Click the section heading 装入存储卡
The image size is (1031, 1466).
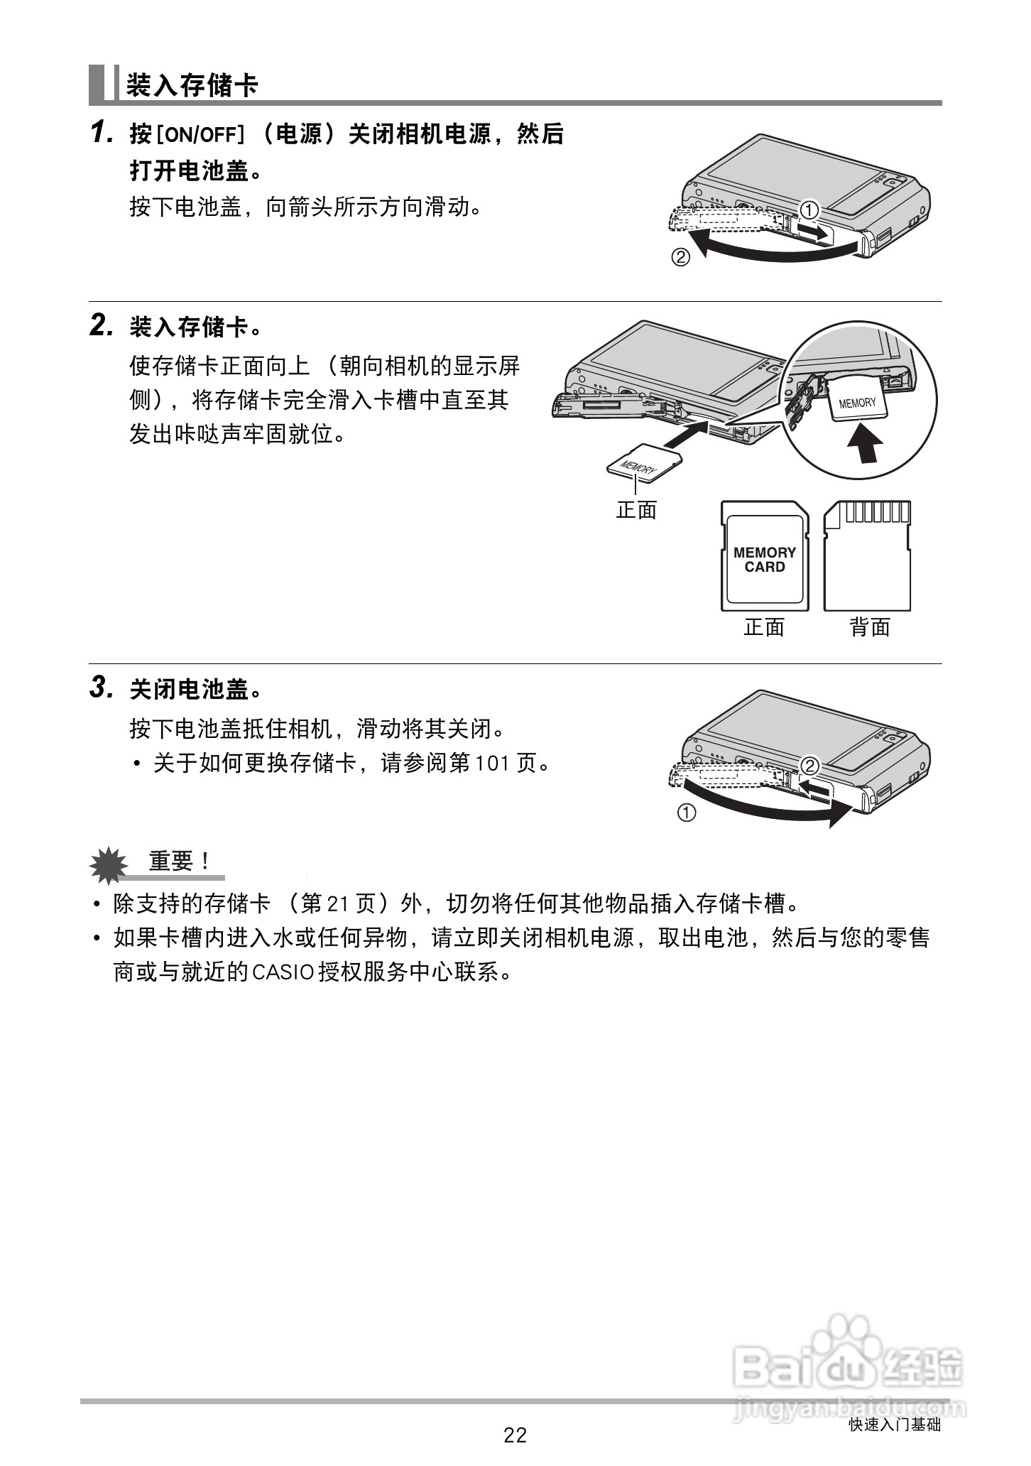[x=192, y=85]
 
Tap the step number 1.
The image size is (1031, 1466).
[x=101, y=134]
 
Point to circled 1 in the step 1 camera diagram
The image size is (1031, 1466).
[x=809, y=210]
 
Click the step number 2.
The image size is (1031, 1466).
[x=101, y=327]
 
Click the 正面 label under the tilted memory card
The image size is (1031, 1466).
[x=636, y=510]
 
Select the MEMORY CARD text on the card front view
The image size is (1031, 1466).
[x=765, y=560]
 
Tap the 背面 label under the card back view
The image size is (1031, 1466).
[x=870, y=627]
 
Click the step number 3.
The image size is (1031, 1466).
[x=101, y=688]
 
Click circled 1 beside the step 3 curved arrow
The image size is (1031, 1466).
[x=687, y=813]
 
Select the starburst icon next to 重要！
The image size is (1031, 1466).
[x=109, y=864]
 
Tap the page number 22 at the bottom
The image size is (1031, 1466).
[x=515, y=1436]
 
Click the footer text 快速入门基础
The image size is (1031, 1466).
[x=895, y=1425]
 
